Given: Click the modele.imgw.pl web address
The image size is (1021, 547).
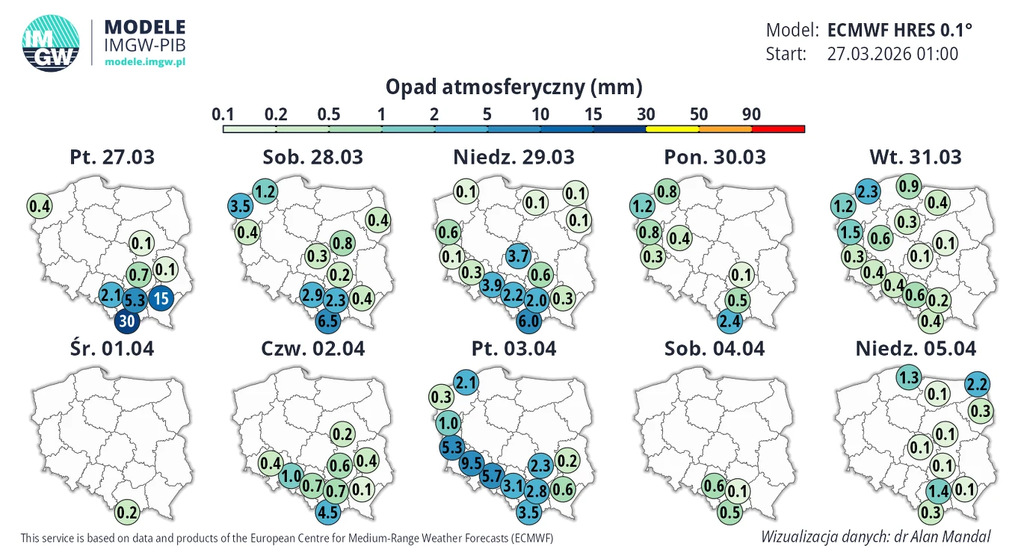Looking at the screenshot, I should point(144,62).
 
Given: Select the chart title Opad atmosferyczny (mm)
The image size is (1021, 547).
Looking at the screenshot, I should point(513,87).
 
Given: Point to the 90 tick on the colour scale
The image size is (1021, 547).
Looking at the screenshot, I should point(752,114).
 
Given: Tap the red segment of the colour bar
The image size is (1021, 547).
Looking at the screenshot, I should point(778,129).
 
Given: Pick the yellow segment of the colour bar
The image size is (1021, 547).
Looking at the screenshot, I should point(672,129).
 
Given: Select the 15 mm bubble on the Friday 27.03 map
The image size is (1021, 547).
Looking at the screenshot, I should point(161,299).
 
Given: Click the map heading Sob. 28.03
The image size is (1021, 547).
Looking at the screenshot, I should point(312,158).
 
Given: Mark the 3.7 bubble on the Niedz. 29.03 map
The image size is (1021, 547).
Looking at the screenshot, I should point(518,256).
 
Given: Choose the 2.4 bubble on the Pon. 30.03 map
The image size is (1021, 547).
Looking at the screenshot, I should point(729,321).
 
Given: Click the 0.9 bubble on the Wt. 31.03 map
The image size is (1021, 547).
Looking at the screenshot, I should point(909,185).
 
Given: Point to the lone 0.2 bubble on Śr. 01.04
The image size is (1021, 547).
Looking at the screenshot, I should point(127,513).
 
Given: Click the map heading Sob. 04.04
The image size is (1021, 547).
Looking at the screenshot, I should point(714,349).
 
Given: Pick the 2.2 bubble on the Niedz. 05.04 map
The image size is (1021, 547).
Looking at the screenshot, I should point(978,384).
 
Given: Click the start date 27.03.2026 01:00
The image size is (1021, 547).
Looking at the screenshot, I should point(892,54).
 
